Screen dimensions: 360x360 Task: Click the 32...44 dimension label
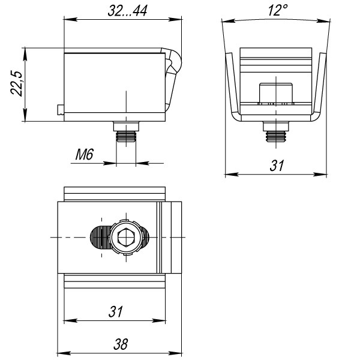point(127,11)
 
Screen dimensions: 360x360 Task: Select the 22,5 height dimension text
point(17,83)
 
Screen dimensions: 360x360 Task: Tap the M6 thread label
point(85,154)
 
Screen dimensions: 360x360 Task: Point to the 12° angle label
point(278,10)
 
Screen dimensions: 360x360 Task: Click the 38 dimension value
point(121,344)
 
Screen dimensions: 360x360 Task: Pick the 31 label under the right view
point(277,166)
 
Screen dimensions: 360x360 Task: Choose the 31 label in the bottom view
point(115,311)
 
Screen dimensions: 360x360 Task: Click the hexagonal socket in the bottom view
point(126,237)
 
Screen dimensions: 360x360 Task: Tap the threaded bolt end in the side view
point(126,137)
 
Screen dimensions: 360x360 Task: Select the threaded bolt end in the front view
point(276,136)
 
